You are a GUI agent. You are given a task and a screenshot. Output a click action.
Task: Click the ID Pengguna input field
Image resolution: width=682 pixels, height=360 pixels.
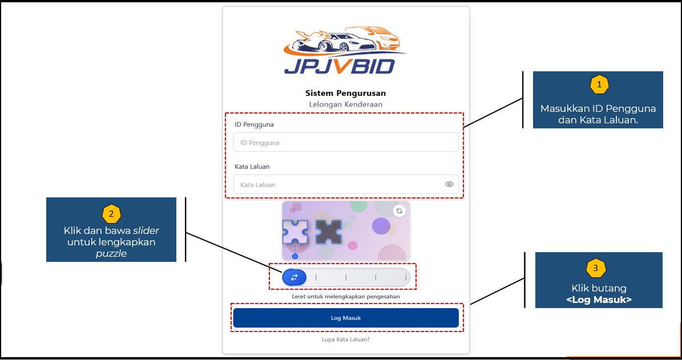pyautogui.click(x=345, y=143)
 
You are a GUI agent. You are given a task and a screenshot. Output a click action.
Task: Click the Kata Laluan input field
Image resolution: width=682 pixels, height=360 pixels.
pyautogui.click(x=337, y=184)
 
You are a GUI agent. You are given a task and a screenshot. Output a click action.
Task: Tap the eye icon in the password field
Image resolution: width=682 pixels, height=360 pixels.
pyautogui.click(x=449, y=184)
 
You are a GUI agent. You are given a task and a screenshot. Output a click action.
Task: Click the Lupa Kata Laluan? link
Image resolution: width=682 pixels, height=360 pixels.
pyautogui.click(x=345, y=339)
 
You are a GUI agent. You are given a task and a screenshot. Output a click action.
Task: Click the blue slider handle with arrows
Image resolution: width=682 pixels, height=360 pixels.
pyautogui.click(x=294, y=277)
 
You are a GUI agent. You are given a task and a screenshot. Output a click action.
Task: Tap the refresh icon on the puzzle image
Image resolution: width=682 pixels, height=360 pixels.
pyautogui.click(x=399, y=211)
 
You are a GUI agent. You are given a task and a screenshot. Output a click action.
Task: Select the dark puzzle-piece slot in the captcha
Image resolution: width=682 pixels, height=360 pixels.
pyautogui.click(x=329, y=232)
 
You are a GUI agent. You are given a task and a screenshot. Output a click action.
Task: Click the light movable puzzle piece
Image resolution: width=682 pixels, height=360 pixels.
pyautogui.click(x=295, y=232)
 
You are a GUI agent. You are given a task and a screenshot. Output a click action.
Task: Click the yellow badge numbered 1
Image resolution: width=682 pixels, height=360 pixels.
pyautogui.click(x=599, y=85)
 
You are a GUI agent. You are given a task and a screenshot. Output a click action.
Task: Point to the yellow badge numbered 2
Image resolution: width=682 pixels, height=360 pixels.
pyautogui.click(x=111, y=214)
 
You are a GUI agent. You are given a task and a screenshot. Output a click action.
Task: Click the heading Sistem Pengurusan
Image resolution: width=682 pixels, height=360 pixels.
pyautogui.click(x=345, y=93)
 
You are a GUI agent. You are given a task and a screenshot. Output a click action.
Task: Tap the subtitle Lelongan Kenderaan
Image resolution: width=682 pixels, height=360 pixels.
pyautogui.click(x=345, y=104)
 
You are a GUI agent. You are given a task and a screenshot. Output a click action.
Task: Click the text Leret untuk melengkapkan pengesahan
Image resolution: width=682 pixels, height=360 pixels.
pyautogui.click(x=345, y=297)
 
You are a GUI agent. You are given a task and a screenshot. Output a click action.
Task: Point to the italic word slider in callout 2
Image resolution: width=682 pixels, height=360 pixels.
pyautogui.click(x=146, y=231)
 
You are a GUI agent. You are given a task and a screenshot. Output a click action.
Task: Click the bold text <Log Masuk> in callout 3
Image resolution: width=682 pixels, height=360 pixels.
pyautogui.click(x=599, y=299)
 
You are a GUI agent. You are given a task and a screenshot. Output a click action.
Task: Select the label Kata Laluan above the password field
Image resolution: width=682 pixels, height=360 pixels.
pyautogui.click(x=252, y=167)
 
